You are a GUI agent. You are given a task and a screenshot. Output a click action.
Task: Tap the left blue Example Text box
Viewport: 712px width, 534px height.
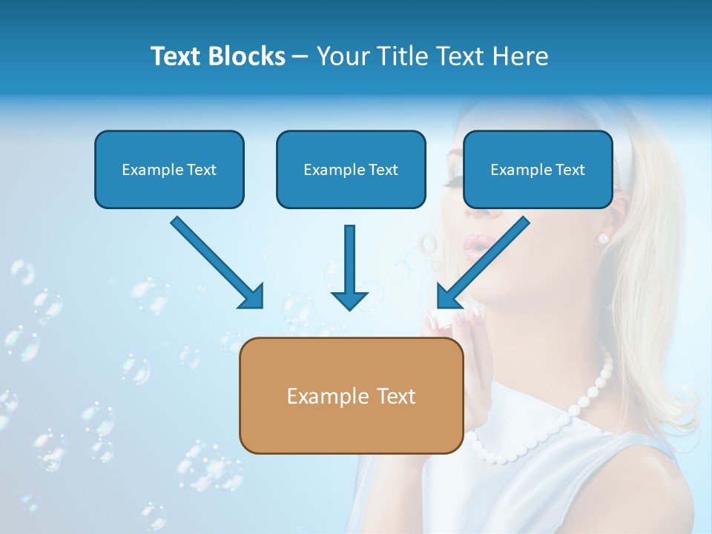pos(169,170)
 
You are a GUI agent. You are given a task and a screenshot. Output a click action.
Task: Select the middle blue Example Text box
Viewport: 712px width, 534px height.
pos(351,170)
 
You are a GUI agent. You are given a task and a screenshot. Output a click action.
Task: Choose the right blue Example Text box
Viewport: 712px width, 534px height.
pos(538,170)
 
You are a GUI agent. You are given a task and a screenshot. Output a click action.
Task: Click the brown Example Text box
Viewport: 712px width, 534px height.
pos(351,396)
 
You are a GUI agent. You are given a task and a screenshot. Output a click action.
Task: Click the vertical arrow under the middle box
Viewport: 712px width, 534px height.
pos(349,267)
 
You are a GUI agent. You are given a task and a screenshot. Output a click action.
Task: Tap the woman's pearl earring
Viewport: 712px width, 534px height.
pos(603,238)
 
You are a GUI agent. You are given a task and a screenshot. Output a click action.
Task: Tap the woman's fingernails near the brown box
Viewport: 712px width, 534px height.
pos(460,320)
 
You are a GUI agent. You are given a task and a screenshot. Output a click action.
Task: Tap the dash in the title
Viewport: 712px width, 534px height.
pos(300,56)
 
